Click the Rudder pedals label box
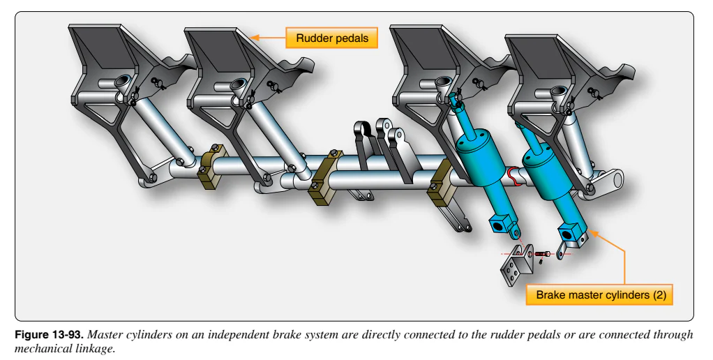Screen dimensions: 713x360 (x=331, y=38)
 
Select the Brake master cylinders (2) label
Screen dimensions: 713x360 (x=599, y=294)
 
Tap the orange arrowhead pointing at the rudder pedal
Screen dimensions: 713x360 (x=255, y=38)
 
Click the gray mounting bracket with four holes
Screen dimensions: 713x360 (x=516, y=265)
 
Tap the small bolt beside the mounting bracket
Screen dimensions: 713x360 (x=542, y=254)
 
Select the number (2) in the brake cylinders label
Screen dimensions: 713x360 (x=660, y=294)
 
